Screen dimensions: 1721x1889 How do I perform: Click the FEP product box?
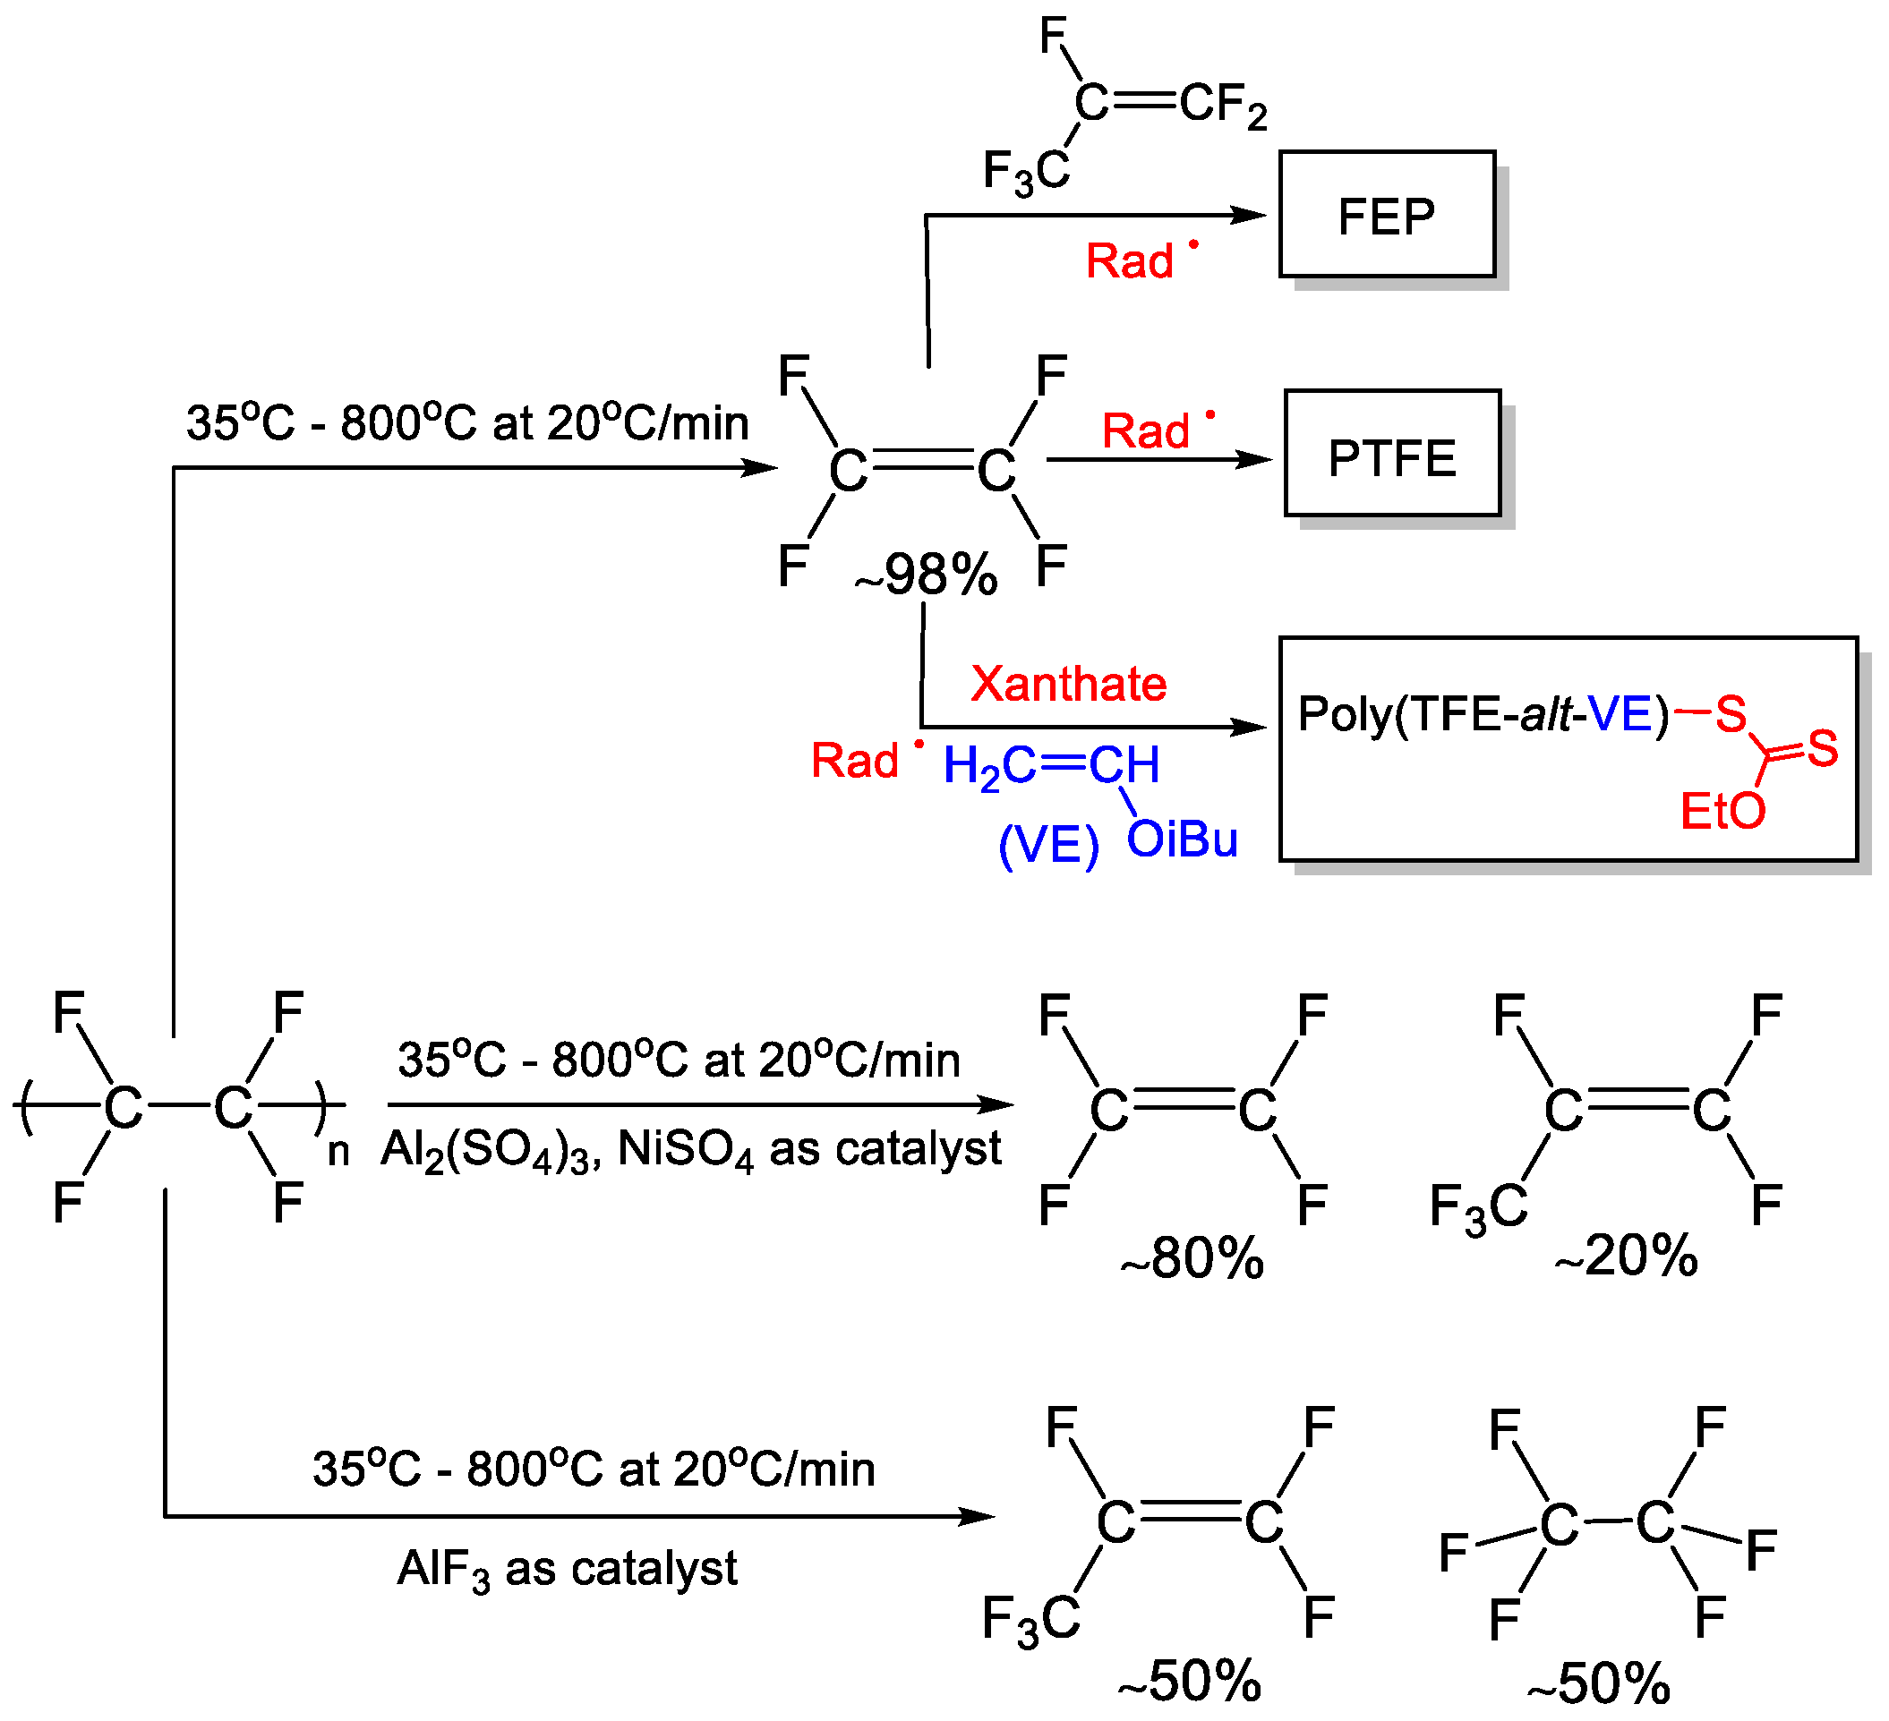pos(1386,216)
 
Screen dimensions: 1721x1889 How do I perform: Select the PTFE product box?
pos(1391,458)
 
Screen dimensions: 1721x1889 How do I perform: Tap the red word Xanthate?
pos(1068,684)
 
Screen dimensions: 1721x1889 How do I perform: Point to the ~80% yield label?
pos(1192,1257)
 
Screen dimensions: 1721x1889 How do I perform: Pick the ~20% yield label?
pos(1626,1256)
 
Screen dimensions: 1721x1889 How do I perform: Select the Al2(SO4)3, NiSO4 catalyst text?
pos(690,1150)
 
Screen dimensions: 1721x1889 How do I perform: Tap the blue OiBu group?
pos(1182,839)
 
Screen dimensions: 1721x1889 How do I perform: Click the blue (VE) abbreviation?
pos(1048,845)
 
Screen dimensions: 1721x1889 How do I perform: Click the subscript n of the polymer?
pos(338,1153)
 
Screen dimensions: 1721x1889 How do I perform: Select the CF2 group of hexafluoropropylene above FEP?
pos(1223,105)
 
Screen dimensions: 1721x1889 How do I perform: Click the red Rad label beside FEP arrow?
pos(1131,260)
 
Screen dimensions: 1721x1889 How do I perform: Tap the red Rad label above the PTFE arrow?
pos(1147,431)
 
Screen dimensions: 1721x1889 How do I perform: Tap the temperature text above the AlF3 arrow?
pos(594,1469)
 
